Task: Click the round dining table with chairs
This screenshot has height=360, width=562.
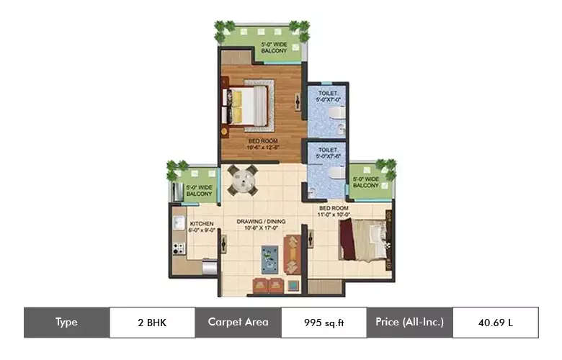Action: tap(241, 180)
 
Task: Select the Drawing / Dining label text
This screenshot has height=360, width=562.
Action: tap(262, 226)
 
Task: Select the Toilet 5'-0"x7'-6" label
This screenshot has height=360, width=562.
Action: tap(327, 153)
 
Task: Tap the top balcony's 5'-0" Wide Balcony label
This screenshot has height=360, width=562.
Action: tap(274, 48)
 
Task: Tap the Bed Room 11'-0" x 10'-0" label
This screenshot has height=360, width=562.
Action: tap(334, 211)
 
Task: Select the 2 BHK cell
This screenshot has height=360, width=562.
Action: tap(151, 322)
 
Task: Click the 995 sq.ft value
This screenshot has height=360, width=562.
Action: tap(324, 322)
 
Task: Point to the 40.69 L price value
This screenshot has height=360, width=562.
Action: tap(495, 322)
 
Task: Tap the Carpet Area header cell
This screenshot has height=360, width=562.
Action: tap(238, 322)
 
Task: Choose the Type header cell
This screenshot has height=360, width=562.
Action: tap(66, 322)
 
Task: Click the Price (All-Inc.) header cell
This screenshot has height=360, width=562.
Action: tap(409, 322)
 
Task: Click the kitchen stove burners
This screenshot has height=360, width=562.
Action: tap(177, 248)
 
